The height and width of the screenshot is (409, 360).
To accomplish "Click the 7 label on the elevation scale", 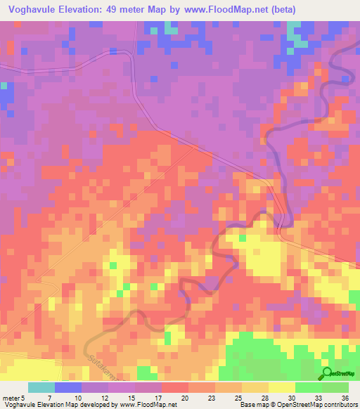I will click(x=49, y=397).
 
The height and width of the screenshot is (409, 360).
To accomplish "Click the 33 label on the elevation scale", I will click(x=318, y=397).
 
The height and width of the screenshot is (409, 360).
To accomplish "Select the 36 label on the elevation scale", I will click(x=345, y=397).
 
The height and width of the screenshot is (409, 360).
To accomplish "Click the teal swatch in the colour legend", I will click(x=41, y=387).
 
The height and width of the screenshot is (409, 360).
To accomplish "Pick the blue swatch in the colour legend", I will click(x=68, y=387).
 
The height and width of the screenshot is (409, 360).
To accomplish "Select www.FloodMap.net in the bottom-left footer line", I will click(x=147, y=405).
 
